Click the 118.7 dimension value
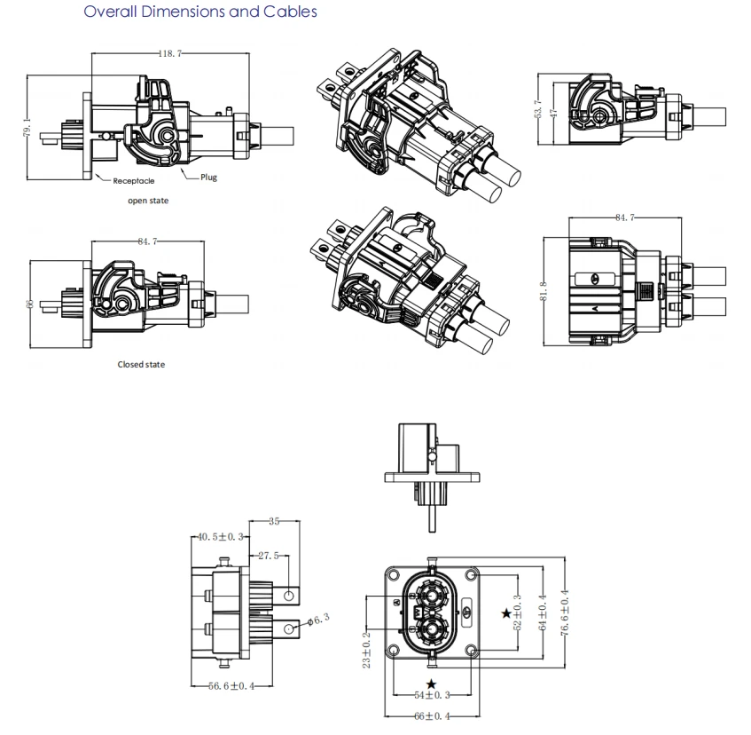[170, 53]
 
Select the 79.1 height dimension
[27, 128]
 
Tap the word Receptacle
[134, 181]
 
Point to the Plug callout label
[209, 177]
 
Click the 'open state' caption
[148, 201]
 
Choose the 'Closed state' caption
[141, 364]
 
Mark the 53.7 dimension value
[538, 109]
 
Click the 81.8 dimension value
[544, 291]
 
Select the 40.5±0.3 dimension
[220, 537]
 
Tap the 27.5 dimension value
[268, 556]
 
